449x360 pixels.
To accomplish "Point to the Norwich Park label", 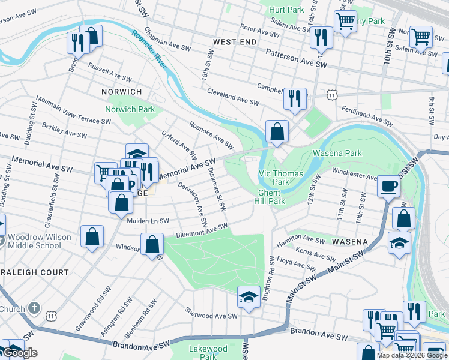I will pos(130,109).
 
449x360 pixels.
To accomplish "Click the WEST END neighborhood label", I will pos(235,42).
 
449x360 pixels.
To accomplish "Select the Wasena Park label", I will pos(337,153).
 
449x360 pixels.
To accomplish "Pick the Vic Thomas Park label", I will pos(281,177).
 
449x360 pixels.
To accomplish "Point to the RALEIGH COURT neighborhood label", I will pos(34,272).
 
